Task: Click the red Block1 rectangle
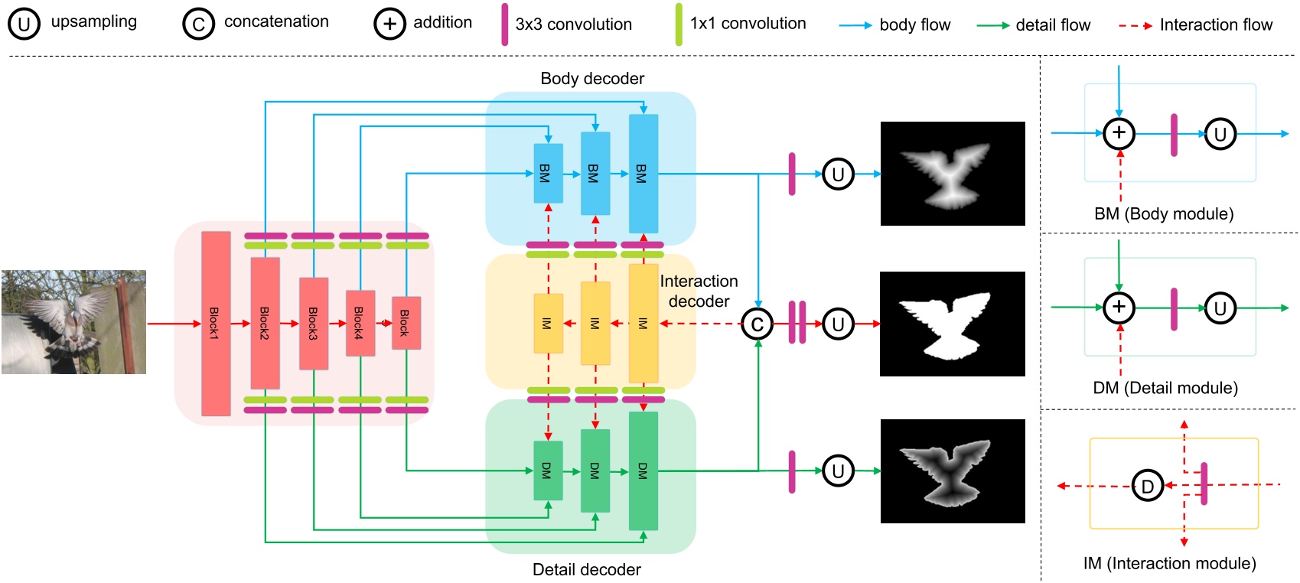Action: [x=216, y=324]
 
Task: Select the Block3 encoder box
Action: [x=313, y=324]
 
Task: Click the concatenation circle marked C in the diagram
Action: [x=757, y=324]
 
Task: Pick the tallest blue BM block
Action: [x=643, y=174]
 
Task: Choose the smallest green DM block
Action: [x=548, y=471]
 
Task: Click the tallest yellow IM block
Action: [x=643, y=324]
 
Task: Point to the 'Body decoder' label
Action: [x=591, y=78]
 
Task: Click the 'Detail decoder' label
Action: [x=586, y=569]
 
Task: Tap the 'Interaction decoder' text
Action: [x=699, y=291]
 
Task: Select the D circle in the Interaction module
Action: [x=1147, y=486]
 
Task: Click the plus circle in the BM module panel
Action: [x=1119, y=133]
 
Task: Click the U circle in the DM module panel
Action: [x=1220, y=308]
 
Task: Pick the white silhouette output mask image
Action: [x=952, y=324]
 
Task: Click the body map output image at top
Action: [x=952, y=174]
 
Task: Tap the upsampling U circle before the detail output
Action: [x=838, y=471]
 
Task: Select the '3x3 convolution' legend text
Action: [x=573, y=24]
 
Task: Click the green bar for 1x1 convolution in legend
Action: [x=679, y=24]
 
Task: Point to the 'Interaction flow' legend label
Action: [x=1215, y=24]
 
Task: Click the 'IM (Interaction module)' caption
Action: [x=1169, y=563]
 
